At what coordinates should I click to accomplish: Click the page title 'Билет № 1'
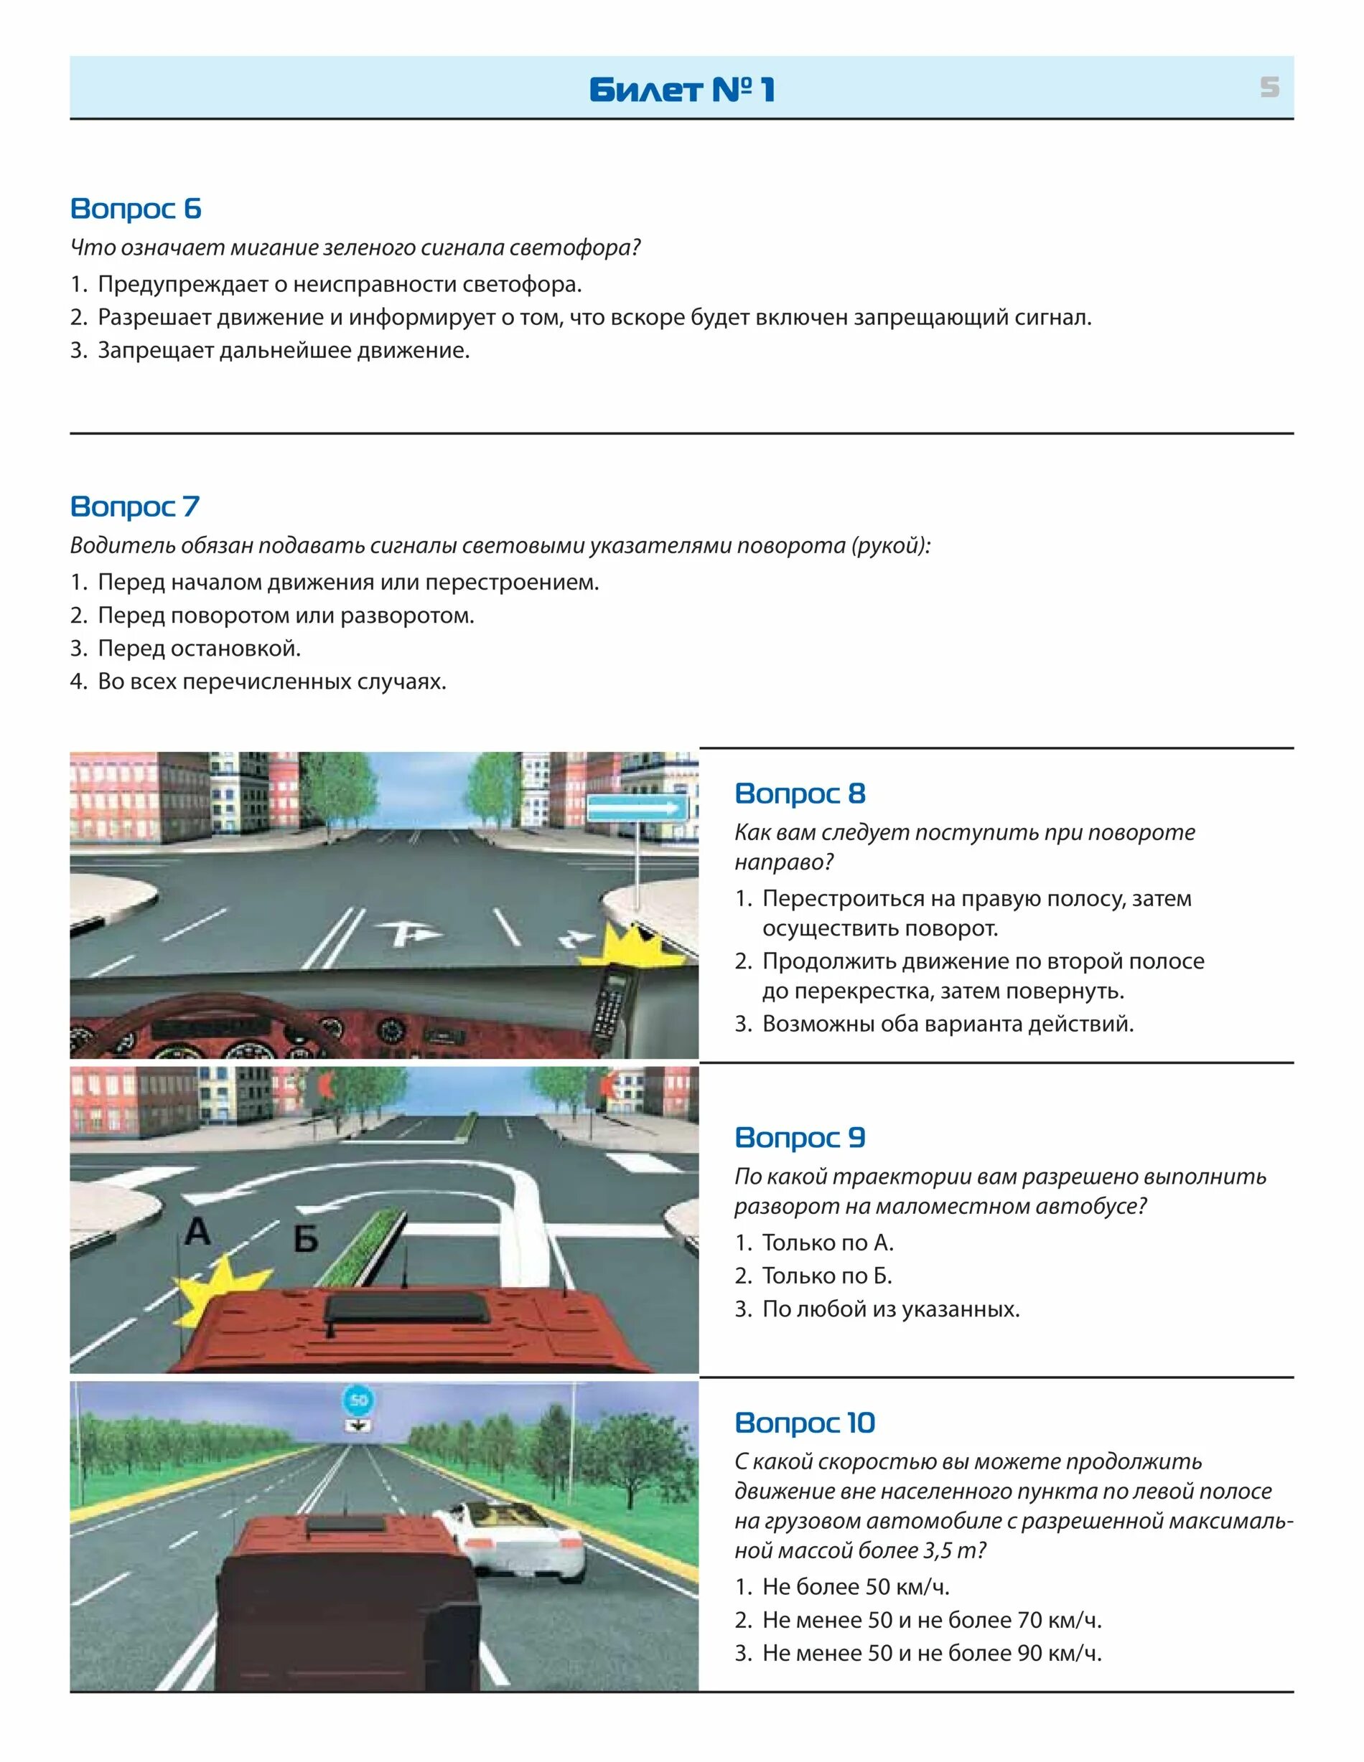point(682,90)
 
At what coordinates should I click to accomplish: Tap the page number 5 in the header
point(1269,87)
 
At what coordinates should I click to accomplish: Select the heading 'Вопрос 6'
point(136,209)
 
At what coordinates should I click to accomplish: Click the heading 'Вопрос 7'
point(135,507)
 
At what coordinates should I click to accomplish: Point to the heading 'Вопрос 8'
point(800,794)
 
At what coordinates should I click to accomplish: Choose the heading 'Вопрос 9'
point(800,1138)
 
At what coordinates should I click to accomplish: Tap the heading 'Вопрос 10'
point(805,1423)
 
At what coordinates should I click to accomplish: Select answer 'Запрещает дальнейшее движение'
point(282,351)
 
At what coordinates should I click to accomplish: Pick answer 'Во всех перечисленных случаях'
point(272,682)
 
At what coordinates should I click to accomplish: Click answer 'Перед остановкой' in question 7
point(199,649)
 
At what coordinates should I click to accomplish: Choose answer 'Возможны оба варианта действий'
point(948,1024)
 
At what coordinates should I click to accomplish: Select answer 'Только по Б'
point(826,1276)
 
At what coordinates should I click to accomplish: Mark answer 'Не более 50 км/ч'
point(856,1586)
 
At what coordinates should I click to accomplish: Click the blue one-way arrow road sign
point(637,808)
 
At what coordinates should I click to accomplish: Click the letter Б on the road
point(306,1238)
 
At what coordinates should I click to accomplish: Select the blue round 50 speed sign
point(358,1400)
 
